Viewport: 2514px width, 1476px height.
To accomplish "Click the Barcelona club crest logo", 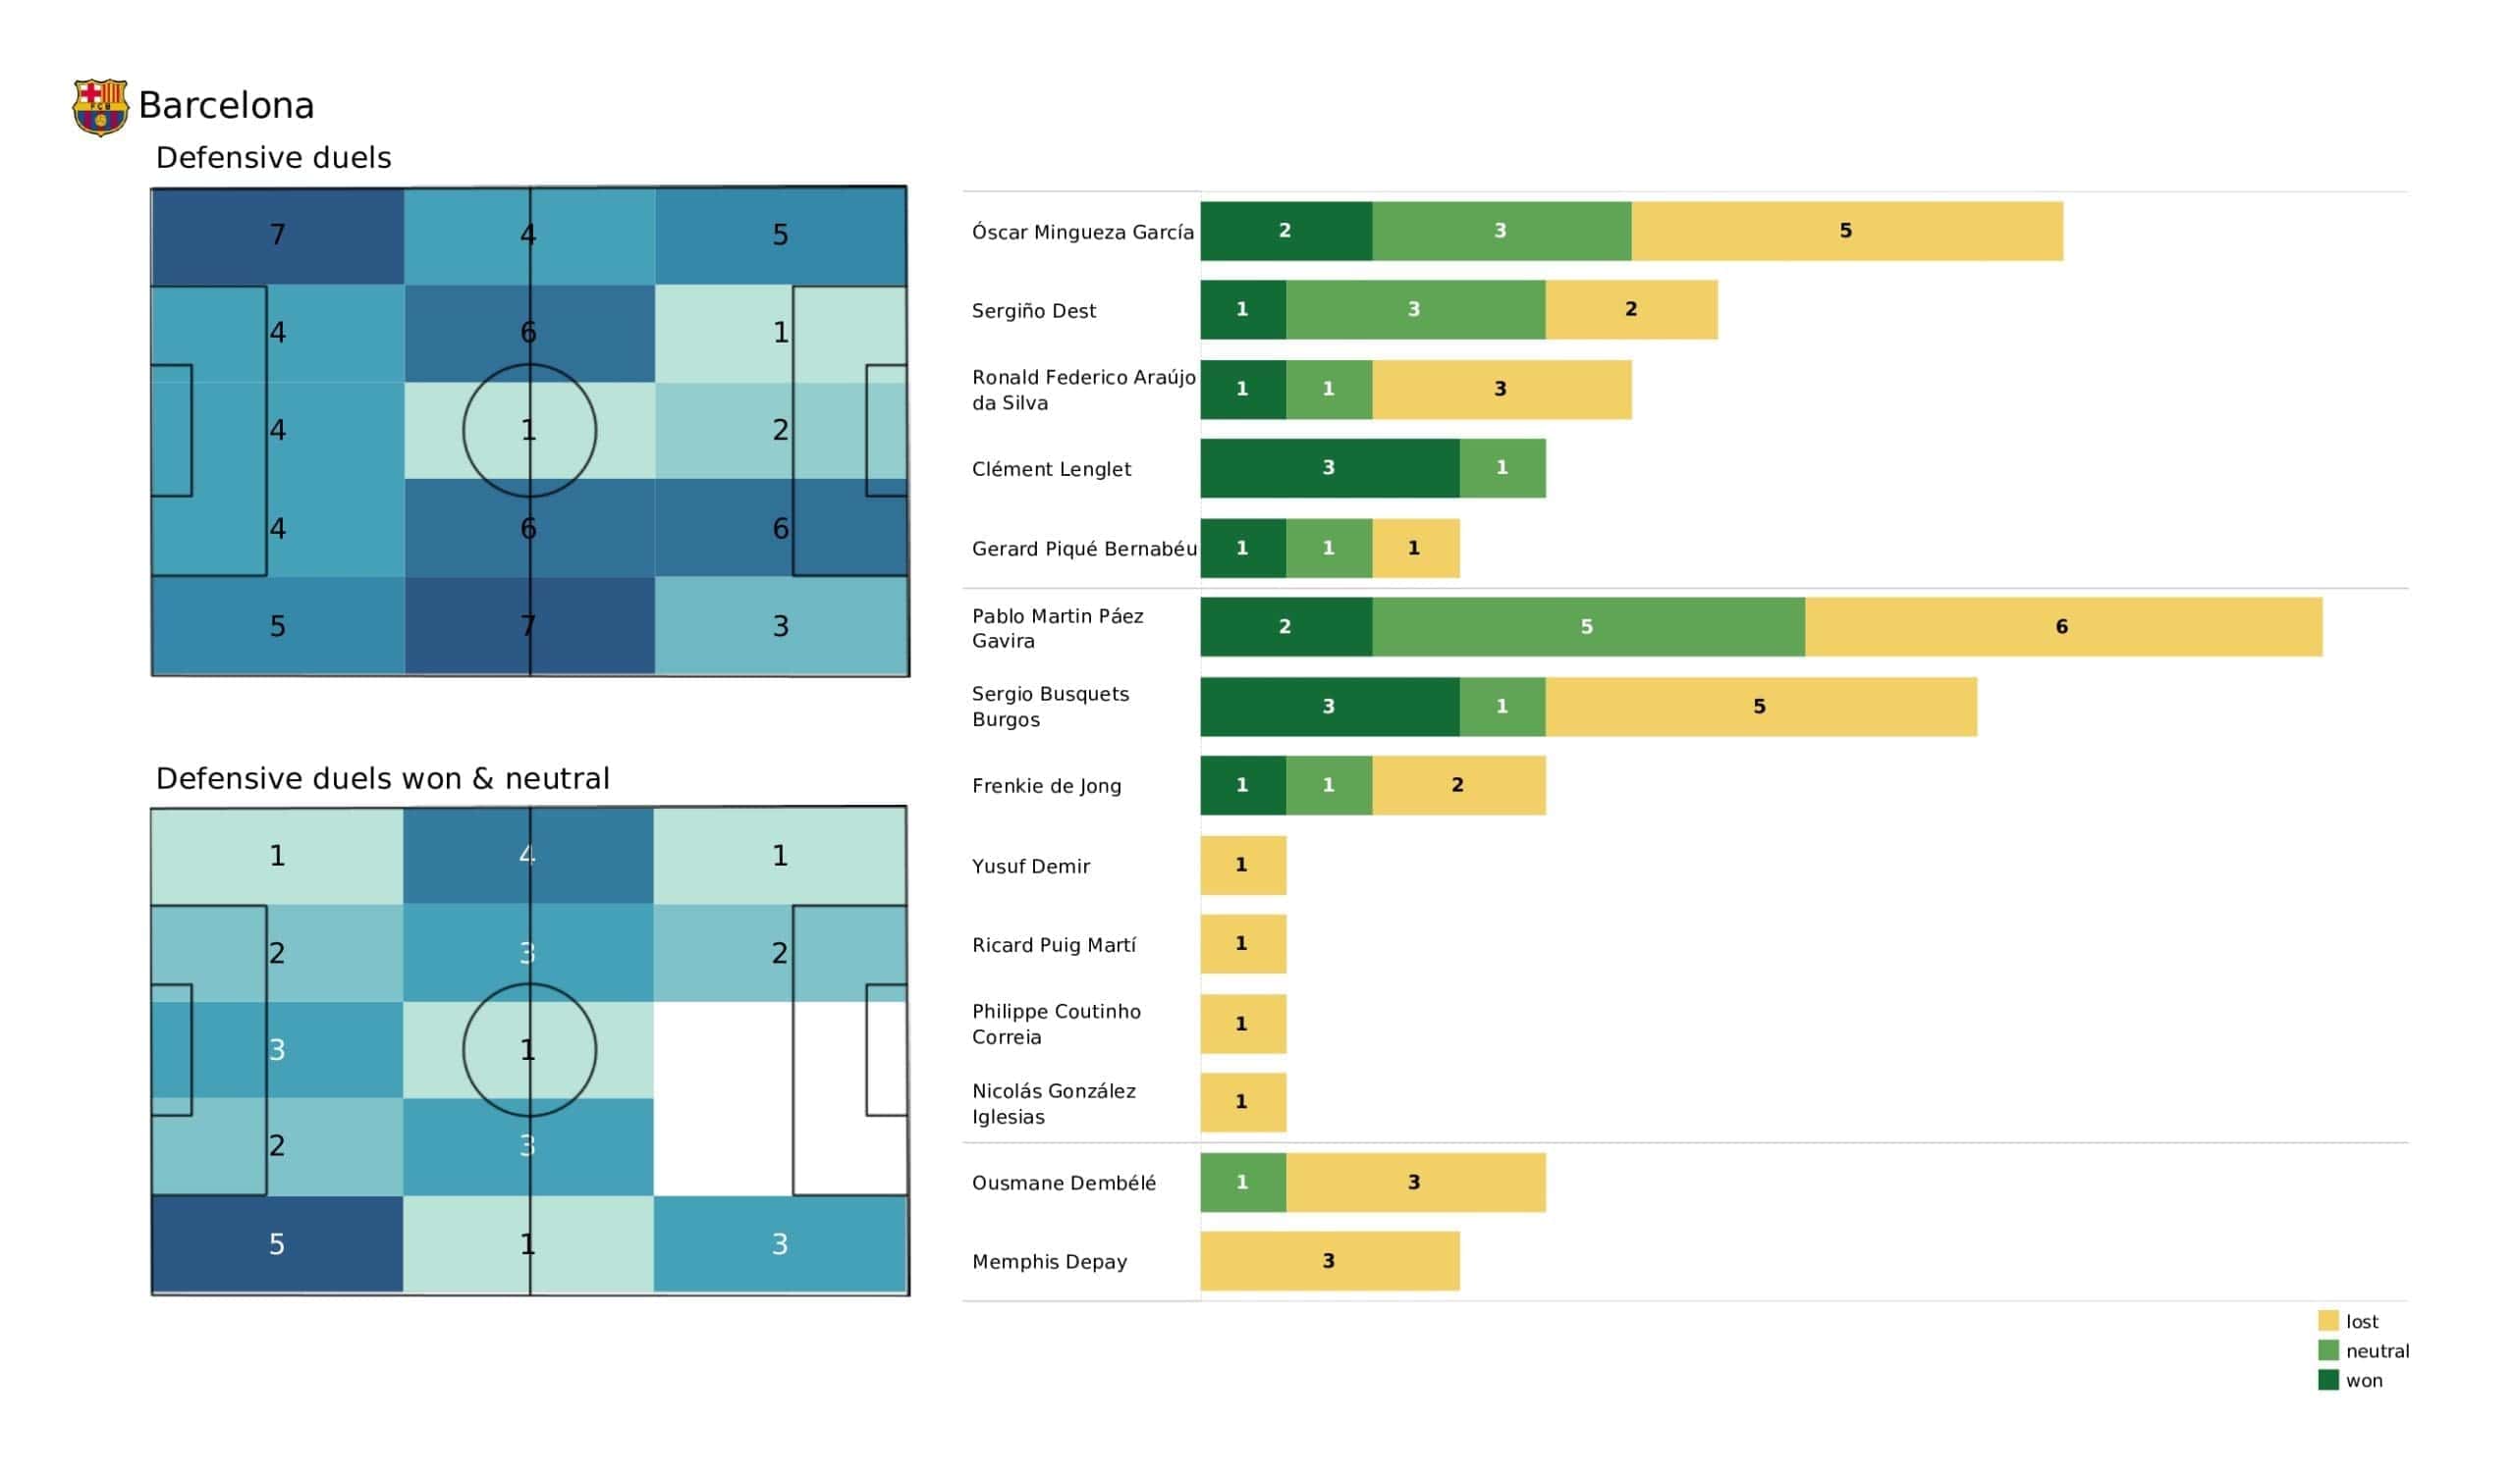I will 100,107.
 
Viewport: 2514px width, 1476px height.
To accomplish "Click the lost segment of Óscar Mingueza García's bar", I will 1845,232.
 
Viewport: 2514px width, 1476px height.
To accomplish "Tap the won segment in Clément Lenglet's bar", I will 1329,469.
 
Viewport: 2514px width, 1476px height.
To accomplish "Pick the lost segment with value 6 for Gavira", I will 2062,627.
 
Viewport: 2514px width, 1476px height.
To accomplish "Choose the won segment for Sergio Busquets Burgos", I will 1329,707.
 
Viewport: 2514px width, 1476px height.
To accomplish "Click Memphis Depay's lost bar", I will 1329,1262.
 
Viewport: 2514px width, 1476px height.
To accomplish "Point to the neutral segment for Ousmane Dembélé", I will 1242,1183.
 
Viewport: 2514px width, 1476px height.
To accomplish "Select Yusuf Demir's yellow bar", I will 1242,866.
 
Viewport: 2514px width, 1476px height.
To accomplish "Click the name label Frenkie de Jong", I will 1047,787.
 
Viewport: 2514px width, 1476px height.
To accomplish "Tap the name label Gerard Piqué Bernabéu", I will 1083,549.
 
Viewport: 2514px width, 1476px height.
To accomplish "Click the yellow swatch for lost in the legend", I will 2327,1321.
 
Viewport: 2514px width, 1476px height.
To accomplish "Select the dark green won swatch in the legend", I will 2327,1380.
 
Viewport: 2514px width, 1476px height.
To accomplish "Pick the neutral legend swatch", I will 2327,1351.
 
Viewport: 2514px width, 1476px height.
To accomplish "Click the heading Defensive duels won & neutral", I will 382,779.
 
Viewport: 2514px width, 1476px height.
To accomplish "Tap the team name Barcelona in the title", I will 227,106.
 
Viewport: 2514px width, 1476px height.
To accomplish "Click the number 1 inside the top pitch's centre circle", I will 528,431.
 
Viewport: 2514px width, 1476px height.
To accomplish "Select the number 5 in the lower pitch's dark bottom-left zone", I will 277,1244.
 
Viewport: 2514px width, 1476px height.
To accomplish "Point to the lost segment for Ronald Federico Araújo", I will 1501,390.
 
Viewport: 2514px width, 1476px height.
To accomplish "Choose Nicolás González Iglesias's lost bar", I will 1242,1103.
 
